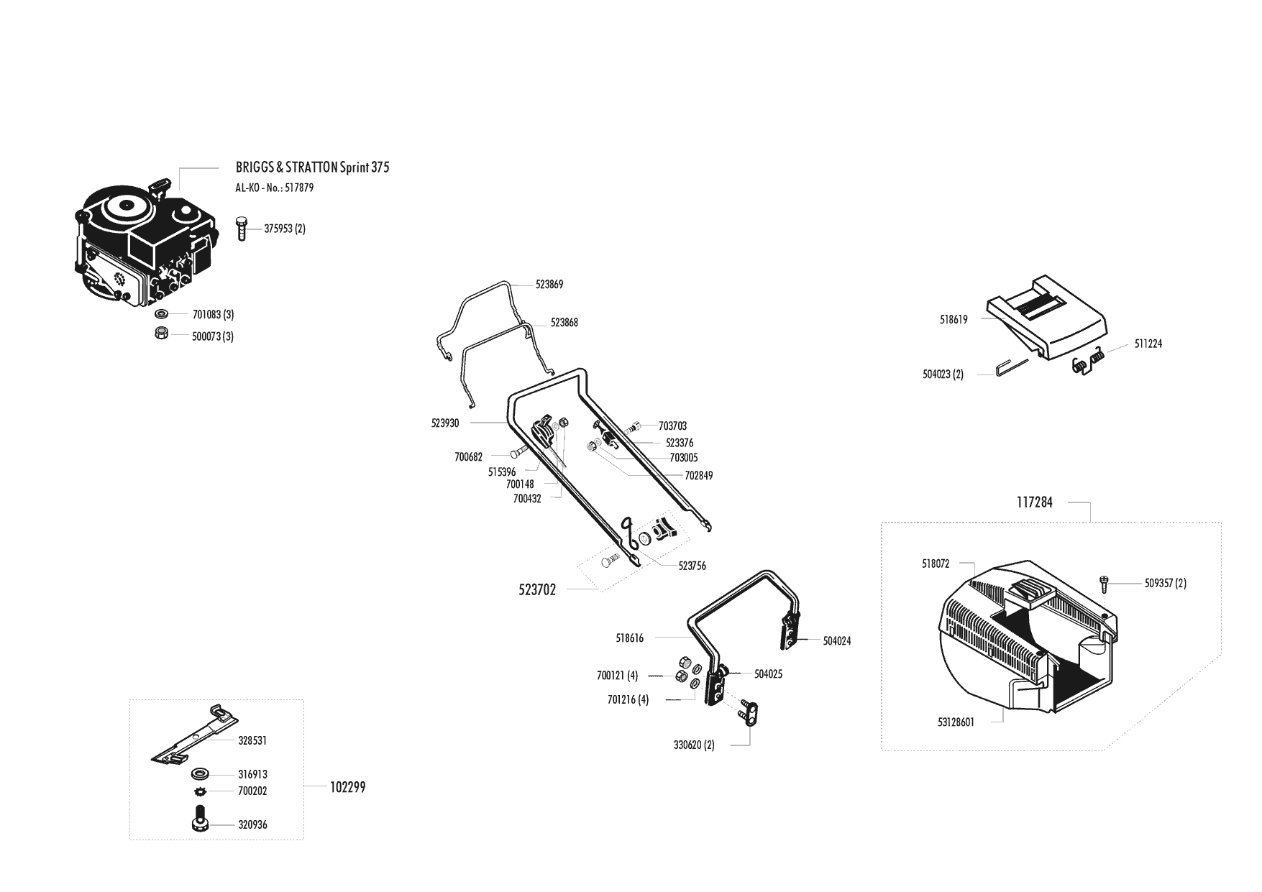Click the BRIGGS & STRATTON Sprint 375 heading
point(312,167)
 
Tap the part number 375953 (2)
point(285,229)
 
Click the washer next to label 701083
point(162,314)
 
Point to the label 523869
point(549,285)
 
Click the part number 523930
point(445,423)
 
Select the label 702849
point(698,476)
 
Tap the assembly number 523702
point(537,591)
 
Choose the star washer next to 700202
point(200,791)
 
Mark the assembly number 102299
point(348,788)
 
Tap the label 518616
point(630,638)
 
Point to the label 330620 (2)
point(694,745)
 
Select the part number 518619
point(954,320)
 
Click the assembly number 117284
point(1034,503)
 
